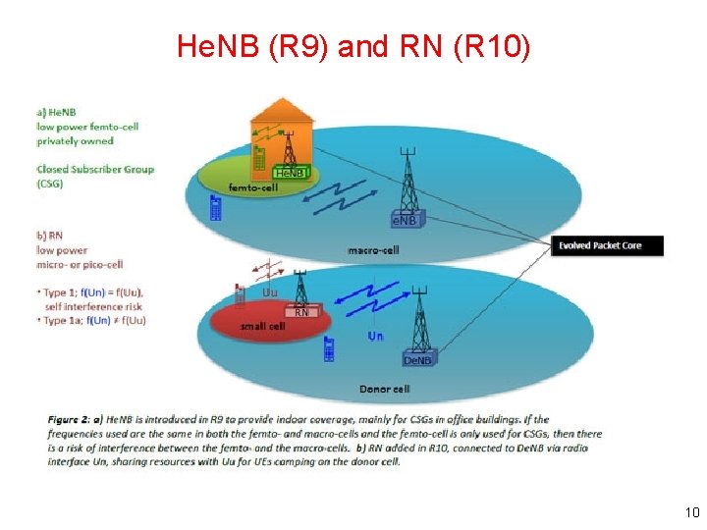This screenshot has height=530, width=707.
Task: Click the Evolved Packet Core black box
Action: click(608, 245)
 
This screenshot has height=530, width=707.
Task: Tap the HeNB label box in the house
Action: click(290, 173)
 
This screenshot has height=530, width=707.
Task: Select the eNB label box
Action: click(406, 221)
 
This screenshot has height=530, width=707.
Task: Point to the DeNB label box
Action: click(417, 360)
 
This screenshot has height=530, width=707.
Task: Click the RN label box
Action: click(303, 312)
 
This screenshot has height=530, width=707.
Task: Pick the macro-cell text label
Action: click(372, 251)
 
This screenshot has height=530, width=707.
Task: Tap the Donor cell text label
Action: click(383, 390)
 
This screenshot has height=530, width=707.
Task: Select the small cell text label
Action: click(263, 326)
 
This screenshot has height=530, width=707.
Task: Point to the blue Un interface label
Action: click(375, 337)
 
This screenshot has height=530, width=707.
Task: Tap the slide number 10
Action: click(692, 512)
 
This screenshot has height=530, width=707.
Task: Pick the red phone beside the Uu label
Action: click(239, 295)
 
